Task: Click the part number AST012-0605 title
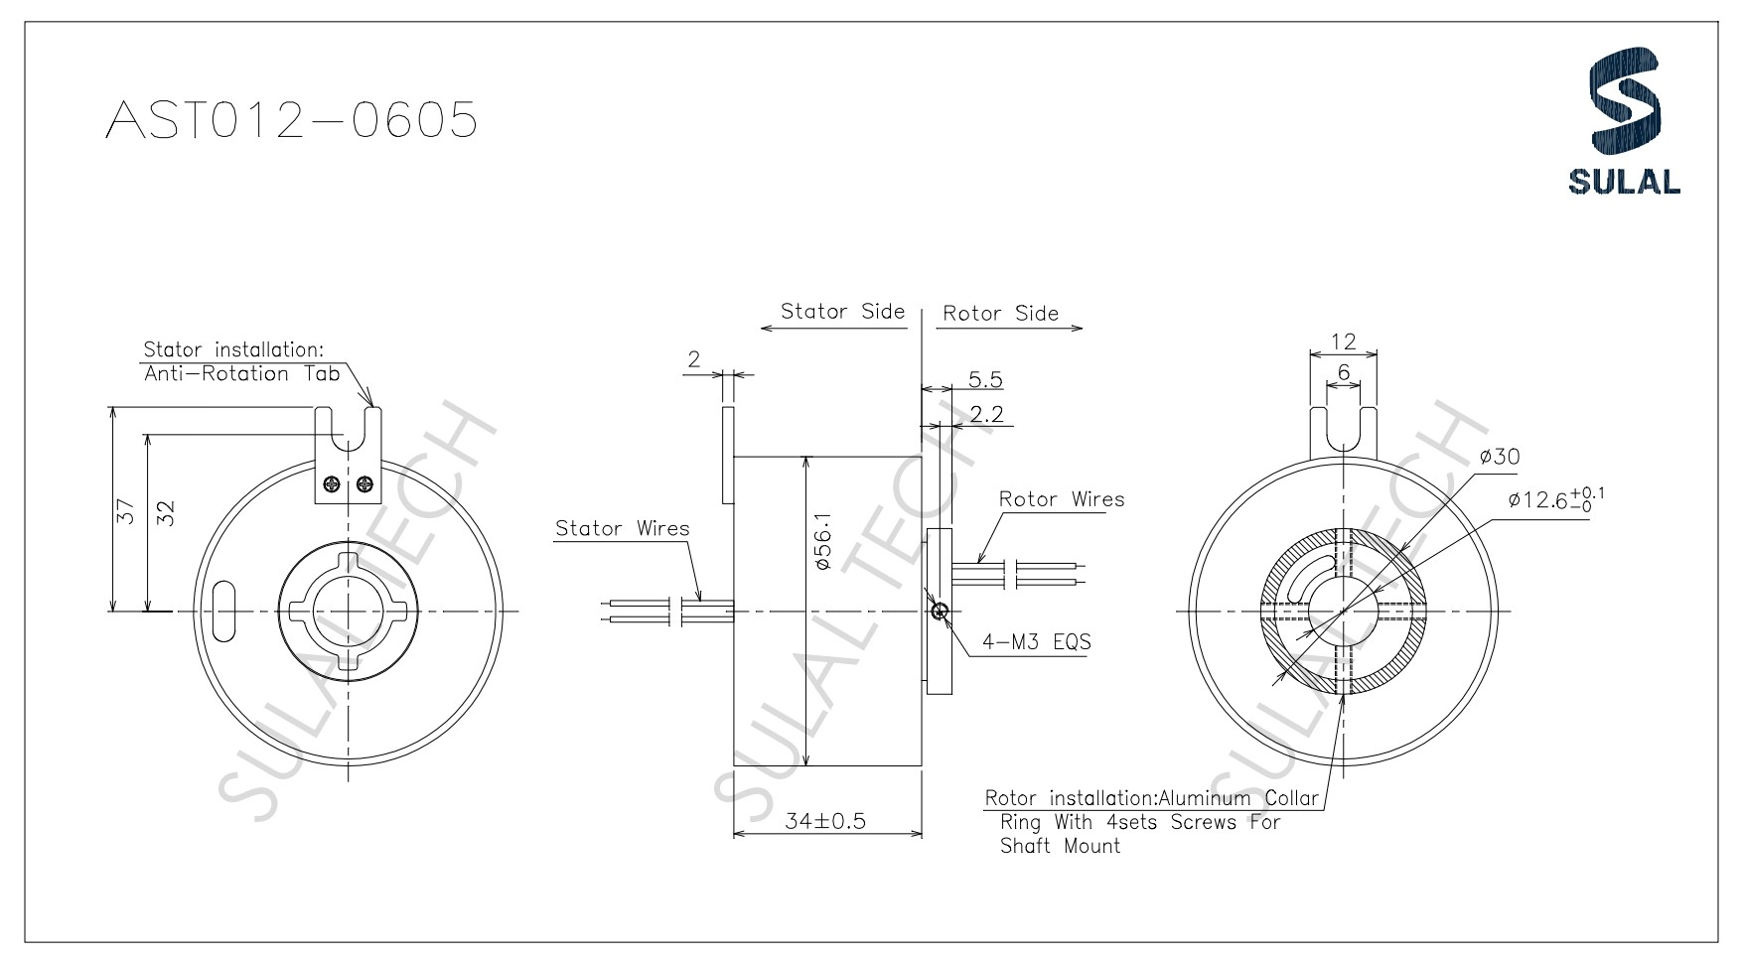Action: [x=291, y=121]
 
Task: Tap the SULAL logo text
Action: [x=1624, y=182]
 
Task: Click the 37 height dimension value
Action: [x=125, y=511]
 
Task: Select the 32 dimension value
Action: [x=166, y=512]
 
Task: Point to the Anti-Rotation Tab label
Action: [x=241, y=374]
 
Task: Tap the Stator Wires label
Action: [x=622, y=528]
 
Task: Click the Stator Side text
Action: [x=842, y=311]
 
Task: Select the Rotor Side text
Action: [x=1000, y=314]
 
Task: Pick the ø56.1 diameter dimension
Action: [x=821, y=541]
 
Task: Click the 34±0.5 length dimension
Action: [x=825, y=821]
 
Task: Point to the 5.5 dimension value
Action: [x=984, y=379]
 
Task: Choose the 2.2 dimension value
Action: [x=985, y=414]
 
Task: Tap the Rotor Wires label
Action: [x=1062, y=499]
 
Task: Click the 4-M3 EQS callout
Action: [x=1036, y=641]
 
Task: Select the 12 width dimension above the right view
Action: [x=1343, y=342]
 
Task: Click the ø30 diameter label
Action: [x=1499, y=457]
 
